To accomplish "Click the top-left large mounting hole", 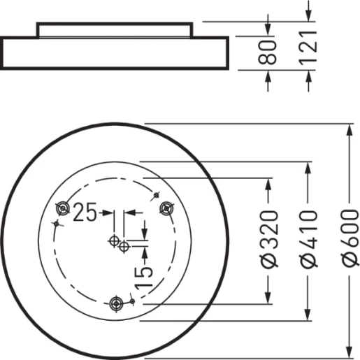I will [x=63, y=208].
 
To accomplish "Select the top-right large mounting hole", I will [x=166, y=208].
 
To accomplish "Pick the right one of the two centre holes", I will [x=124, y=246].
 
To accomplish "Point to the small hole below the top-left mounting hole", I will [x=55, y=223].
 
